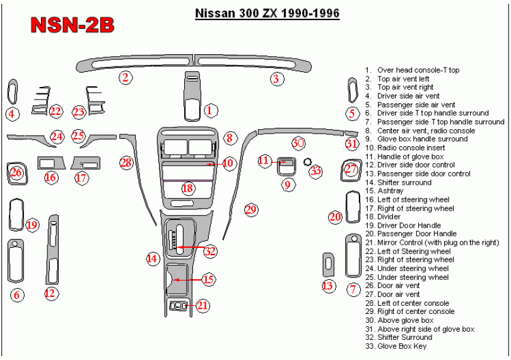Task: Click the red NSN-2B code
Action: coord(73,25)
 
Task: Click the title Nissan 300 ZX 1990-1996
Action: coord(267,13)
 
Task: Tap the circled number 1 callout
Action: coord(209,110)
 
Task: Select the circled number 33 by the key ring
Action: coord(315,171)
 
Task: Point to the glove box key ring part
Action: coord(307,161)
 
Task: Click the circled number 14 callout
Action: coord(153,258)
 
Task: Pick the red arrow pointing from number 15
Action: coord(188,279)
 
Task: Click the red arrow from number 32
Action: coord(191,247)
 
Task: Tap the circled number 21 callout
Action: coord(203,305)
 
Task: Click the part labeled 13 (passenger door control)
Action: coord(328,265)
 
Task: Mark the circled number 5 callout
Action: coord(352,113)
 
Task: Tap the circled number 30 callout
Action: coord(298,142)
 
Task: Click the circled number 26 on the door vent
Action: coord(16,172)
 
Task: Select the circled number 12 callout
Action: coord(50,293)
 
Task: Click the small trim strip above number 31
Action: coord(351,133)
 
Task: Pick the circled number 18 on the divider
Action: coord(188,189)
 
